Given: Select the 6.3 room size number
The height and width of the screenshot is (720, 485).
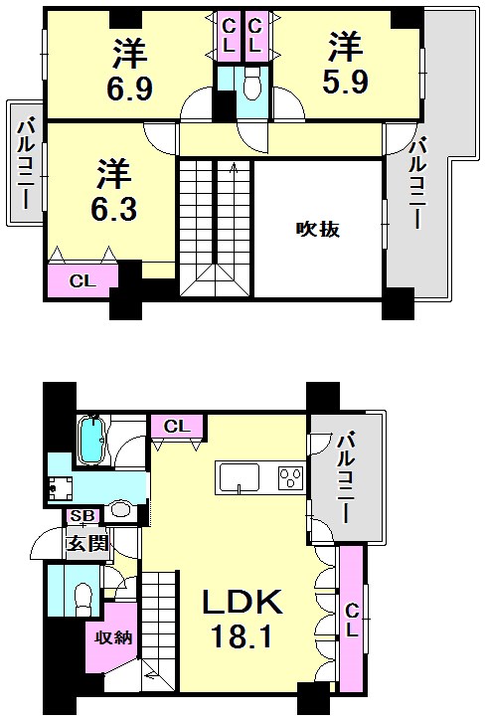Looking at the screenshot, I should (114, 210).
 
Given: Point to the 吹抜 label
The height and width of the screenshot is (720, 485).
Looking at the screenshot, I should (318, 230).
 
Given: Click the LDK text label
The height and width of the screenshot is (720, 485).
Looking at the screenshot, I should (244, 603).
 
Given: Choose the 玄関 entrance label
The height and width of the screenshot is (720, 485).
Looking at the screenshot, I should (86, 543).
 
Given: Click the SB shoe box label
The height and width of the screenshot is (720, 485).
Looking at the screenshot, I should (81, 517).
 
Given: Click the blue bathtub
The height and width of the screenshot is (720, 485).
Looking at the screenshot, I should (91, 440).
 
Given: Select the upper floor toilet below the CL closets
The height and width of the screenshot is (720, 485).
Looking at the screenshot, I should (249, 88).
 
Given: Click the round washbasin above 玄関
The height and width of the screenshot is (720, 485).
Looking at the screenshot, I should (121, 509).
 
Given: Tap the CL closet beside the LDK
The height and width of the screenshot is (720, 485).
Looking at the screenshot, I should (352, 618).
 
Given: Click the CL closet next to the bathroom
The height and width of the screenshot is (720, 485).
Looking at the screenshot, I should (177, 427).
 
